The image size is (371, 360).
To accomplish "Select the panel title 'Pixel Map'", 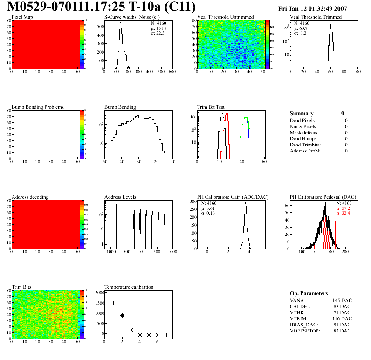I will click(22, 17).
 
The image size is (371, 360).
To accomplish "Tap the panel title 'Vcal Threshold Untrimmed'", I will click(225, 17).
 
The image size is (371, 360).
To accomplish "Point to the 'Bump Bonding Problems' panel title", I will click(37, 107).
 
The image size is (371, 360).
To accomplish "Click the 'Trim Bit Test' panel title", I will click(211, 107).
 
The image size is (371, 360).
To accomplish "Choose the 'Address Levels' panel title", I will click(120, 197).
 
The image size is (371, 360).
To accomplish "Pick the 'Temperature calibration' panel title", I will click(129, 287).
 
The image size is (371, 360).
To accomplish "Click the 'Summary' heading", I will click(302, 113).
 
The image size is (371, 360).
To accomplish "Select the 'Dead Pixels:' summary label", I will click(303, 120).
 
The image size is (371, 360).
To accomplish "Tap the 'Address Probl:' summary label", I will click(305, 151).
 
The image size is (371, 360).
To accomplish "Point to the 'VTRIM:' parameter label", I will click(298, 318).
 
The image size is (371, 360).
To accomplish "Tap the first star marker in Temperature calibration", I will click(104, 294).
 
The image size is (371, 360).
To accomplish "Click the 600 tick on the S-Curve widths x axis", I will click(172, 72).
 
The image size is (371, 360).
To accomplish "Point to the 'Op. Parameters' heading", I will click(309, 293).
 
